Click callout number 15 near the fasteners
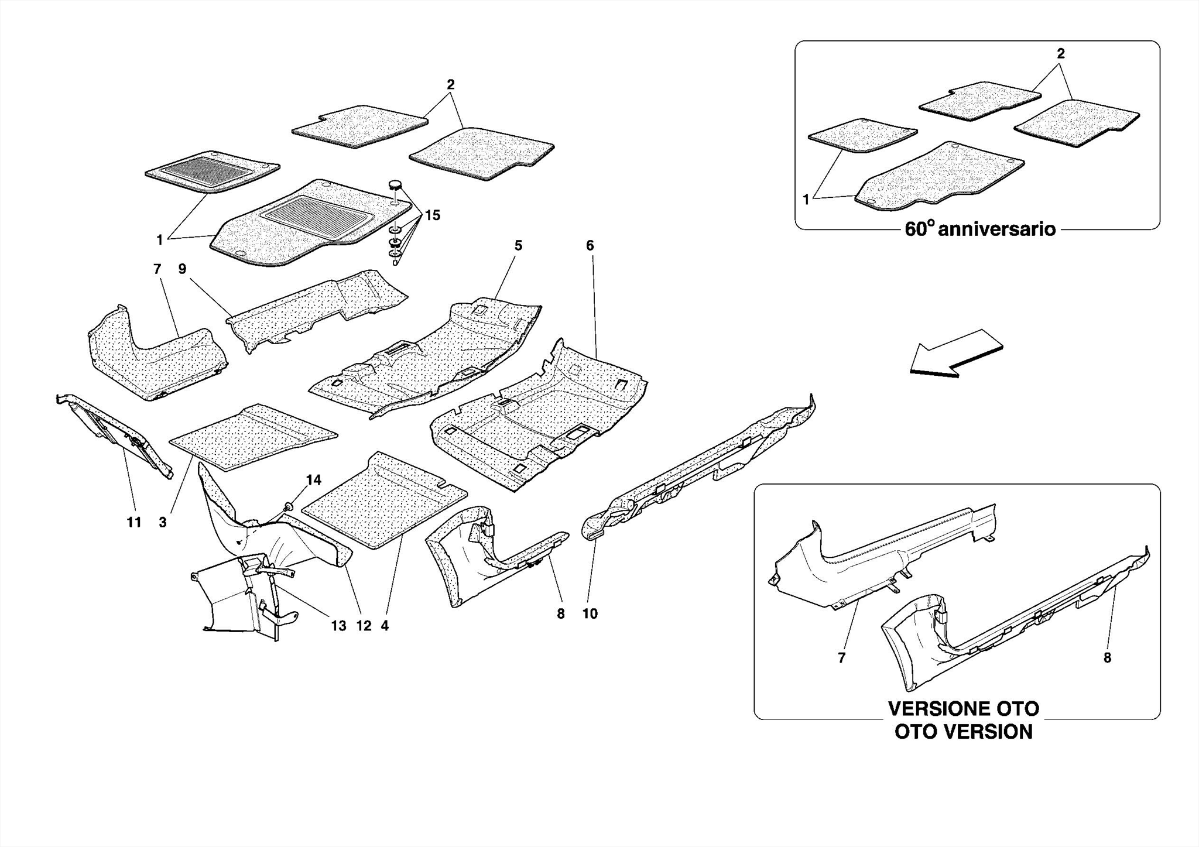[432, 215]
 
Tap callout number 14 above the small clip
[314, 480]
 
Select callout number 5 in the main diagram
[518, 246]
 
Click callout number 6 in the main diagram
[590, 246]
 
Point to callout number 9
[182, 269]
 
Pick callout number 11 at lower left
[134, 522]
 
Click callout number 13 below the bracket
[338, 626]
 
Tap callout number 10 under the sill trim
[590, 613]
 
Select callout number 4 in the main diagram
[385, 626]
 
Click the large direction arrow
[955, 353]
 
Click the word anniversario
[996, 229]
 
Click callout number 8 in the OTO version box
[1107, 658]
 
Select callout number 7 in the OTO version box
[841, 658]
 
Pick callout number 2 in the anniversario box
[1060, 53]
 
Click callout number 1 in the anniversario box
[806, 200]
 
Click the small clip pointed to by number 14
[289, 505]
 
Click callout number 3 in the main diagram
[163, 522]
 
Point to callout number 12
[364, 626]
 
